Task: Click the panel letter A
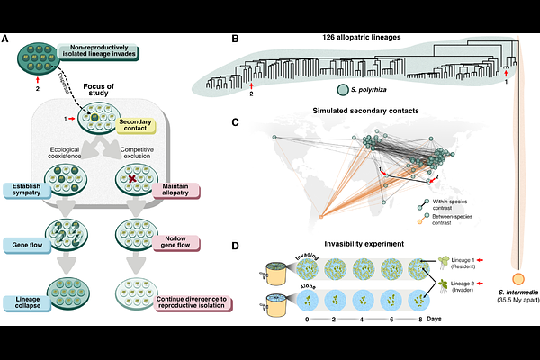click(x=7, y=38)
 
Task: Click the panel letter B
click(x=236, y=38)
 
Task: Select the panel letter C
click(x=236, y=122)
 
